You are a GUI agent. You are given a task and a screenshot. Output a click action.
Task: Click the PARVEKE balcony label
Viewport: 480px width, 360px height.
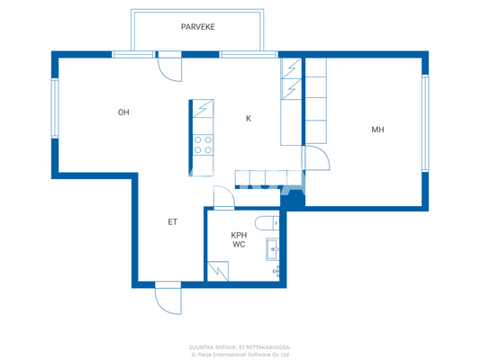pyautogui.click(x=197, y=28)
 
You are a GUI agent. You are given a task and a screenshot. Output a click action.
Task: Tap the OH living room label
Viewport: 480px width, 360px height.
pyautogui.click(x=123, y=112)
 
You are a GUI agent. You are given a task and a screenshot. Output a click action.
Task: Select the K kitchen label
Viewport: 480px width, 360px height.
pyautogui.click(x=249, y=118)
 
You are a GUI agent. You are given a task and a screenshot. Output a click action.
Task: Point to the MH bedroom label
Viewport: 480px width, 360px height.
pyautogui.click(x=377, y=130)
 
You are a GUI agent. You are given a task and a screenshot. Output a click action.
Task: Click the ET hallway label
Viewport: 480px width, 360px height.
pyautogui.click(x=171, y=221)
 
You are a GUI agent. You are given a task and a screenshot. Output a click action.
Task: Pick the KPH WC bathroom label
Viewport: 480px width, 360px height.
pyautogui.click(x=239, y=239)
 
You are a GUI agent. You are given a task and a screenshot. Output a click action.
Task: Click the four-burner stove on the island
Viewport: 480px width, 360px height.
pyautogui.click(x=203, y=145)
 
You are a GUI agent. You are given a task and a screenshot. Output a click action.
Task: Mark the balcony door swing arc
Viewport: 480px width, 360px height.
pyautogui.click(x=169, y=69)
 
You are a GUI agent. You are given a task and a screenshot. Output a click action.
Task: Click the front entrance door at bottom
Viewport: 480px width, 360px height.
pyautogui.click(x=168, y=297)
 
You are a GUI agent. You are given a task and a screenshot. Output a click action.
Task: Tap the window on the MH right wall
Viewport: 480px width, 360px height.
pyautogui.click(x=425, y=122)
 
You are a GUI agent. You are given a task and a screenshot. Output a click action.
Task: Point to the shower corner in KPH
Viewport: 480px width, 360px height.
pyautogui.click(x=217, y=271)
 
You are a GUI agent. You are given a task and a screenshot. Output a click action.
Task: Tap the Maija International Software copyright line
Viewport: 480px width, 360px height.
pyautogui.click(x=240, y=354)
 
